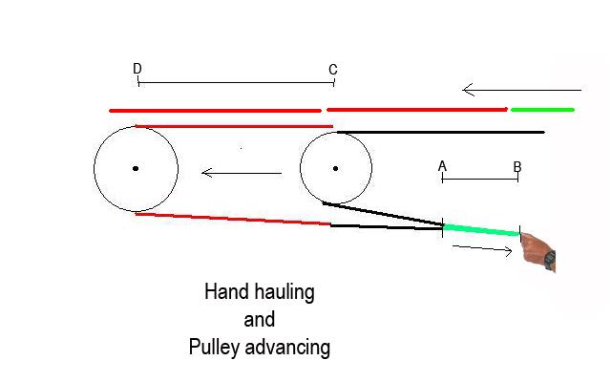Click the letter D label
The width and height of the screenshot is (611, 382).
(x=137, y=69)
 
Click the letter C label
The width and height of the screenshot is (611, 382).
(x=332, y=70)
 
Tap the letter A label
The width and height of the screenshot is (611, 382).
(x=442, y=166)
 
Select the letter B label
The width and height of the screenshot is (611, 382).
(x=516, y=167)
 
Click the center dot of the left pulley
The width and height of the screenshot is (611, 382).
(x=136, y=169)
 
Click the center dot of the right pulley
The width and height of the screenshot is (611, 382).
(x=335, y=169)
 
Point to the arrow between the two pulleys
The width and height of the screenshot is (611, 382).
(x=242, y=173)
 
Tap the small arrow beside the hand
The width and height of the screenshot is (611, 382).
(x=483, y=249)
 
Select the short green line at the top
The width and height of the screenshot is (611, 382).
(x=542, y=110)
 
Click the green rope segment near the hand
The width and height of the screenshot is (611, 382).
(x=481, y=229)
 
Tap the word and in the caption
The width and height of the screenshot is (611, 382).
(x=259, y=320)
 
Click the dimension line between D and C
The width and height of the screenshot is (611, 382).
(x=235, y=83)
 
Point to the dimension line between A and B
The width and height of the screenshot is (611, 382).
(x=479, y=179)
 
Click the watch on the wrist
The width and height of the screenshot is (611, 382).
(x=550, y=259)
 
